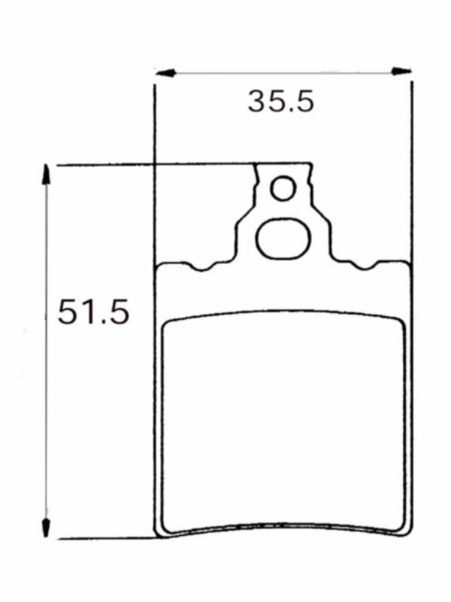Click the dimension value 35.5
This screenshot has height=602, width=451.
(x=280, y=102)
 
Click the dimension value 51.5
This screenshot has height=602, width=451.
(x=93, y=312)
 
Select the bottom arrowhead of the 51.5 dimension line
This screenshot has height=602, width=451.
(x=47, y=529)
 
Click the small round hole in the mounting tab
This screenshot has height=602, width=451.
(x=283, y=188)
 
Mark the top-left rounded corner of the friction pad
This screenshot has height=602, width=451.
(x=168, y=324)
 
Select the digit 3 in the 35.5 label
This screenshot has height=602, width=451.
(x=258, y=102)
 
